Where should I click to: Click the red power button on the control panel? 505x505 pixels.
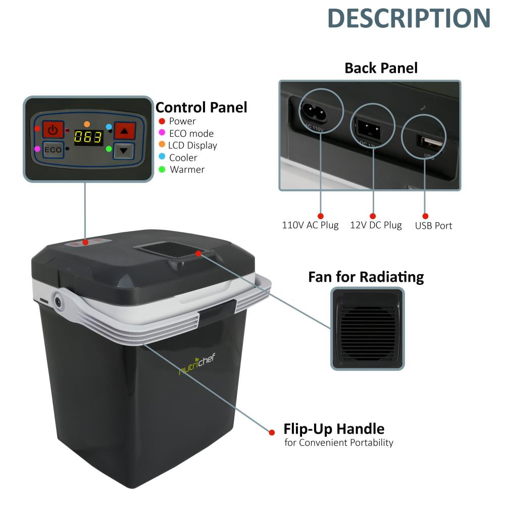tap(53, 130)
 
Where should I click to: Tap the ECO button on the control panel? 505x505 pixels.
tap(53, 150)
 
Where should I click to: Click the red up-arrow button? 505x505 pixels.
tap(125, 130)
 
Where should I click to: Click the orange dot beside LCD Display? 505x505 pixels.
tap(162, 144)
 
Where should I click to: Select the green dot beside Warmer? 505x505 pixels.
tap(162, 169)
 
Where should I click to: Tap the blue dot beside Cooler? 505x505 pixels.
tap(162, 157)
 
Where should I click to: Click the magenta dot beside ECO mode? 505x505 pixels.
tap(162, 132)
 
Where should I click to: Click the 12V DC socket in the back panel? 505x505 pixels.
tap(368, 128)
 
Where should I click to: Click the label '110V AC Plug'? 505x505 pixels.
tap(310, 225)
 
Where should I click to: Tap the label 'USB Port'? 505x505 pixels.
tap(433, 226)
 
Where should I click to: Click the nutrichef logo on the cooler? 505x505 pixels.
tap(197, 364)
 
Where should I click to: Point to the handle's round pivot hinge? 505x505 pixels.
tap(58, 302)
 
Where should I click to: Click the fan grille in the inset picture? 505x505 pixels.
tap(368, 329)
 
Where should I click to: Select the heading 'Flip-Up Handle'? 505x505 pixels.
tap(334, 429)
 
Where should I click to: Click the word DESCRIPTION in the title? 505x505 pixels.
tap(409, 18)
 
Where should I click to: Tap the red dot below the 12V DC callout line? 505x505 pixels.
tap(373, 216)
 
